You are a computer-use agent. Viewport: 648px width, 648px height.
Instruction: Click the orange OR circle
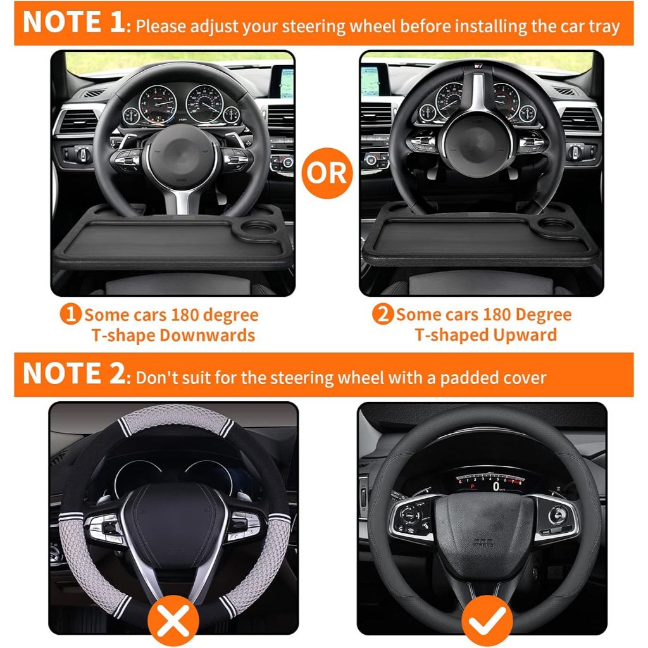[x=327, y=173]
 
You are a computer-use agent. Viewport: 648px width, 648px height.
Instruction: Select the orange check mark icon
[x=487, y=621]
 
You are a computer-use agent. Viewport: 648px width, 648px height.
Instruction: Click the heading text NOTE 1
[x=73, y=22]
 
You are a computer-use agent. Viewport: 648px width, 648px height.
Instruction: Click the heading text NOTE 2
[x=73, y=373]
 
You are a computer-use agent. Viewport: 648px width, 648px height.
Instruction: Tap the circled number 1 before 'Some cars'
[x=70, y=315]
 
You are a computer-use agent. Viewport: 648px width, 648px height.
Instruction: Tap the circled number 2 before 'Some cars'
[x=383, y=314]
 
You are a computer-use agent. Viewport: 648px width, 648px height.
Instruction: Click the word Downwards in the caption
[x=207, y=335]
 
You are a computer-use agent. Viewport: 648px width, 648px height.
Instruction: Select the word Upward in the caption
[x=525, y=335]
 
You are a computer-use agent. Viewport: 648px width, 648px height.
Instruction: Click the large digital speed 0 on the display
[x=496, y=487]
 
